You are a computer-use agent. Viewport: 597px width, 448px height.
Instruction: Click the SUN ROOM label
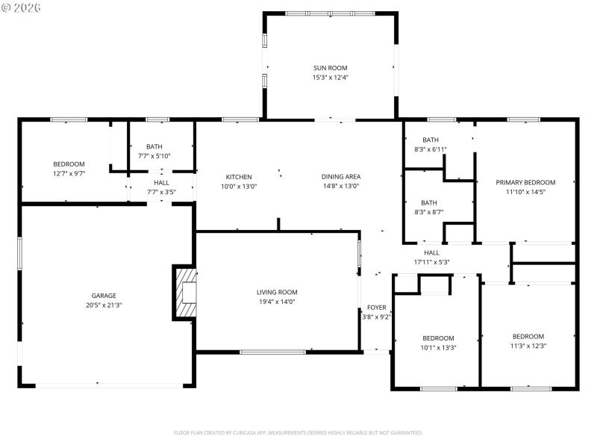click(x=331, y=68)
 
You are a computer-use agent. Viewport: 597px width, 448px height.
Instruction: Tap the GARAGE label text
click(x=104, y=296)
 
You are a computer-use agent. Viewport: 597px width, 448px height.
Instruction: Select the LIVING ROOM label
click(x=277, y=292)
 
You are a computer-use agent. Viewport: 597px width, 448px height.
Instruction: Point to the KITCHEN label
click(x=239, y=177)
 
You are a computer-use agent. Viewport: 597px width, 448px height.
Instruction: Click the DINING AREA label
click(x=341, y=177)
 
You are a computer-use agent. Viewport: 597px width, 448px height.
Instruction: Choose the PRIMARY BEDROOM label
click(x=525, y=182)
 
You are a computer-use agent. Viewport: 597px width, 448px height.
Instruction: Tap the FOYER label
click(x=377, y=307)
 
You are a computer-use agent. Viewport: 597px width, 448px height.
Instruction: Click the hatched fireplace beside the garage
click(x=186, y=292)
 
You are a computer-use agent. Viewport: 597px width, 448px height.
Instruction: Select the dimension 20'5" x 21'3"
click(x=104, y=305)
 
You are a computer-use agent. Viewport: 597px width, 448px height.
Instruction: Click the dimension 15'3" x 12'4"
click(x=331, y=78)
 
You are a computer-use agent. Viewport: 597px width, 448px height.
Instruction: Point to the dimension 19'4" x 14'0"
click(x=277, y=302)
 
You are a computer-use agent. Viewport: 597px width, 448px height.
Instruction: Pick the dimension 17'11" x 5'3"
click(x=432, y=262)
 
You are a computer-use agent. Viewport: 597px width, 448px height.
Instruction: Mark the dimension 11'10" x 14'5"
click(x=525, y=192)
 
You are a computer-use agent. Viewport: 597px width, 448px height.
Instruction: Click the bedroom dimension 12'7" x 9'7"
click(x=69, y=173)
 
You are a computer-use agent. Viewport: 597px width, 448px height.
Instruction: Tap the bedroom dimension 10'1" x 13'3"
click(x=437, y=347)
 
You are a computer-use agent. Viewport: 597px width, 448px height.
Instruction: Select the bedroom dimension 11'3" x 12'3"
click(x=528, y=346)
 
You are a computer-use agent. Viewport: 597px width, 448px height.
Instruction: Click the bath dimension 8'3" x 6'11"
click(x=431, y=149)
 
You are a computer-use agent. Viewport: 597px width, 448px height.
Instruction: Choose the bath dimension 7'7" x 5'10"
click(x=154, y=155)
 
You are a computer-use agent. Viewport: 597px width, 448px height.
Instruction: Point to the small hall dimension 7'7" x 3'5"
click(x=161, y=192)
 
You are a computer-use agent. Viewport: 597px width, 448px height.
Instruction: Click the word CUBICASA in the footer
click(x=267, y=432)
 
